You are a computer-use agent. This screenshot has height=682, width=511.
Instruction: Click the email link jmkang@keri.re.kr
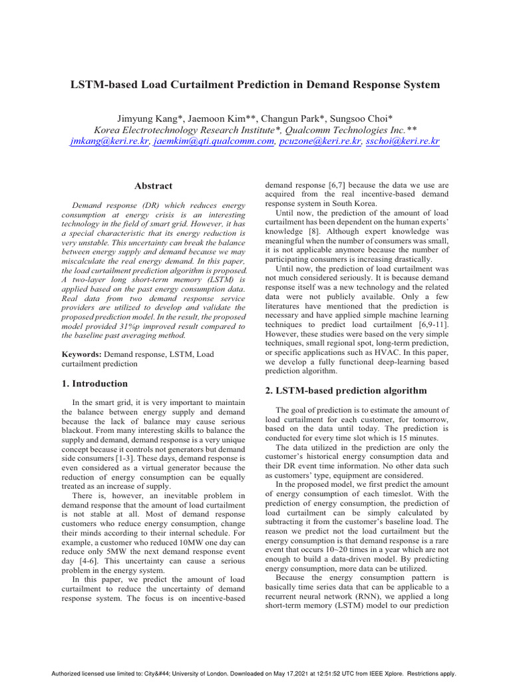pos(109,142)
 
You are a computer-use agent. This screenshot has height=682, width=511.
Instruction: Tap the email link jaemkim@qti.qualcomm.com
pos(214,142)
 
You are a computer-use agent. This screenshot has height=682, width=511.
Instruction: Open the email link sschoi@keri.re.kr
pos(403,142)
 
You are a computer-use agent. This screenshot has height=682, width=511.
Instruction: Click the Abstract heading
pos(154,186)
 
